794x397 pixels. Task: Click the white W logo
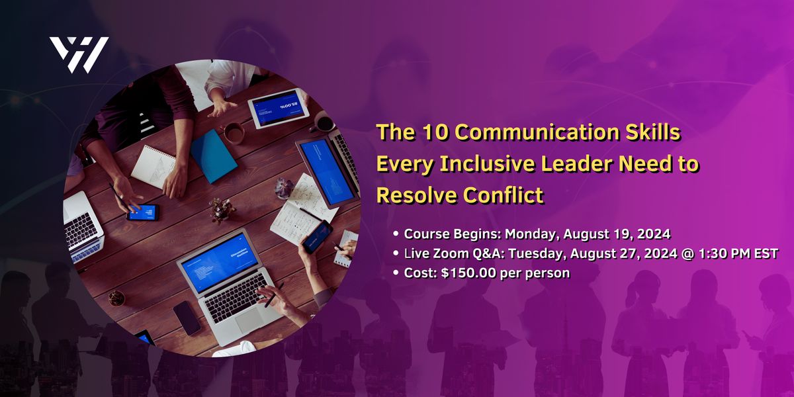[79, 54]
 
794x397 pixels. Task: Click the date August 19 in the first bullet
[601, 234]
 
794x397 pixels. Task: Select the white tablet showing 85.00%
[279, 108]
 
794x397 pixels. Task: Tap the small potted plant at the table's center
[222, 210]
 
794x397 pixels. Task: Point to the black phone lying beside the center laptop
[187, 318]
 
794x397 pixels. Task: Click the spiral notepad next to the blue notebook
[154, 166]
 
